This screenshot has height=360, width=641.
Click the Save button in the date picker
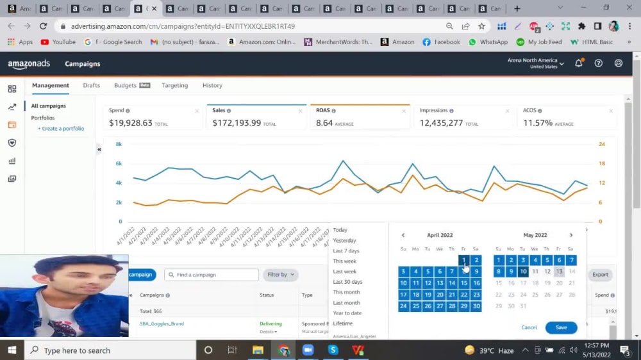coord(561,327)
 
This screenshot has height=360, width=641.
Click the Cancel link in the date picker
coord(529,327)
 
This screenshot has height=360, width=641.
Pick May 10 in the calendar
coord(523,272)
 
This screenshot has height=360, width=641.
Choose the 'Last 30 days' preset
coord(347,282)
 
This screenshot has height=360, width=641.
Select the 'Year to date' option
coord(347,313)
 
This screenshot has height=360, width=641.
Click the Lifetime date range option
coord(342,323)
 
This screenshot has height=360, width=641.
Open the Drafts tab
coord(91,85)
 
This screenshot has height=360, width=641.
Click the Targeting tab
coord(174,85)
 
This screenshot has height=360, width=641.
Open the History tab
coord(212,85)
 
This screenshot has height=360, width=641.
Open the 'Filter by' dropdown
coord(280,275)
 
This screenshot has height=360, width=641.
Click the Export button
coord(599,275)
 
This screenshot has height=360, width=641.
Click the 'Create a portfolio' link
coord(63,129)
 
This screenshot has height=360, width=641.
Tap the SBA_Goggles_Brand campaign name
coord(162,323)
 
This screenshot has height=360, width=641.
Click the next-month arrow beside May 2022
coord(571,235)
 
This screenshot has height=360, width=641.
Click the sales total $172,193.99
coord(237,123)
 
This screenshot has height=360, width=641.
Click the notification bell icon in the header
coord(579,63)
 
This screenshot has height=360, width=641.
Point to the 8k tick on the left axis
coord(119,144)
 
